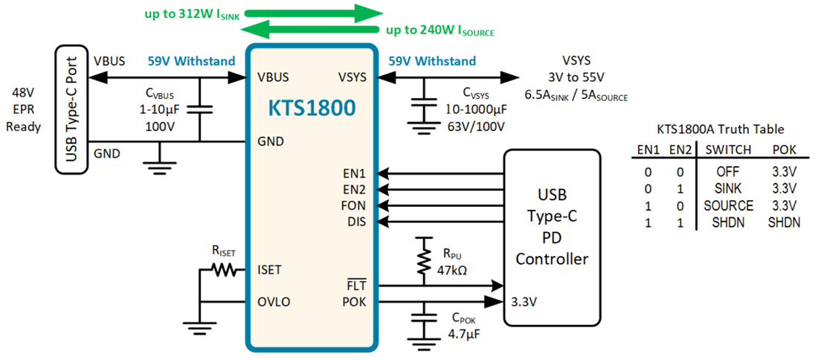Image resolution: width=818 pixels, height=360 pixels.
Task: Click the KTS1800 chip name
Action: (x=312, y=108)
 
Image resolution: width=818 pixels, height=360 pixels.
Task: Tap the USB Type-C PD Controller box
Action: (x=552, y=237)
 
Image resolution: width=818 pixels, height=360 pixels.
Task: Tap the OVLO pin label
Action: (x=274, y=302)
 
